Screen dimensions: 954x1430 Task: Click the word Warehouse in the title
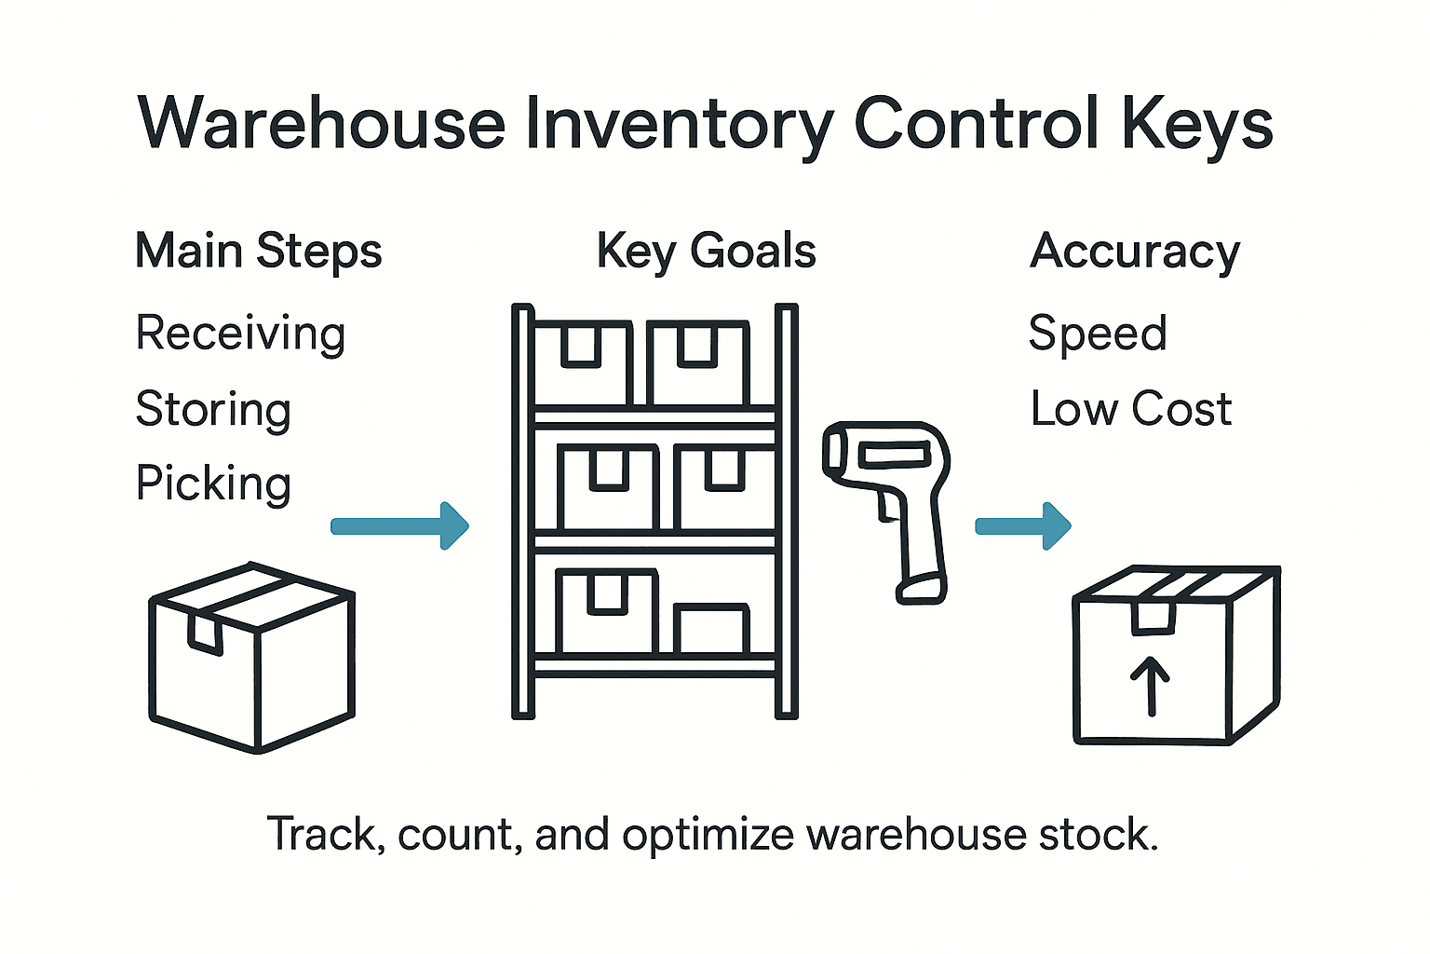(x=321, y=124)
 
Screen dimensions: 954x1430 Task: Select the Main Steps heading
(x=259, y=252)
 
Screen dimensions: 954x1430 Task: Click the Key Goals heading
(x=706, y=252)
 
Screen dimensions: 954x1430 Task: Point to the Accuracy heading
(x=1135, y=252)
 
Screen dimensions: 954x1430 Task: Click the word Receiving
(x=240, y=334)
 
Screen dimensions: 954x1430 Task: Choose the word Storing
(x=213, y=410)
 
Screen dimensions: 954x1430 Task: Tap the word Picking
(x=213, y=484)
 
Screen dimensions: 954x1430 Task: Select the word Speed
(x=1098, y=334)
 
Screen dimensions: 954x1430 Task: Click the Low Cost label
(x=1131, y=409)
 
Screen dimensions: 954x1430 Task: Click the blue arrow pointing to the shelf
(x=400, y=526)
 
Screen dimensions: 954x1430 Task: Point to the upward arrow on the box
(x=1151, y=686)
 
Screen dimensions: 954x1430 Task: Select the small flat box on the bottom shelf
(x=711, y=630)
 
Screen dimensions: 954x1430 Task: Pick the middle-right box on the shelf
(x=724, y=486)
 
